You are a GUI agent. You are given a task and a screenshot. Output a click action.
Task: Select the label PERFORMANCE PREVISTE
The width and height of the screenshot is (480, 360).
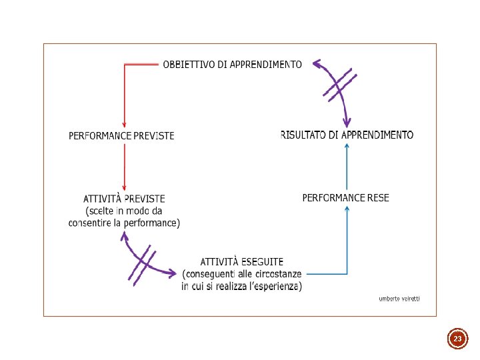click(121, 135)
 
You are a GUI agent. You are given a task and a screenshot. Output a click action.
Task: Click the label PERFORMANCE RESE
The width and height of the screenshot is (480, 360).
click(345, 197)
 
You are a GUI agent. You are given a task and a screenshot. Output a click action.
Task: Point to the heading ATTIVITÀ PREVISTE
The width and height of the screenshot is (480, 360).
click(124, 198)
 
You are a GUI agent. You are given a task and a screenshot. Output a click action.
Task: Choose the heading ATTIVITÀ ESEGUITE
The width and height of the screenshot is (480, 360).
click(242, 262)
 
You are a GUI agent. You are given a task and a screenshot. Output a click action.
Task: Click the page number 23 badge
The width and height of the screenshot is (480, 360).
click(457, 339)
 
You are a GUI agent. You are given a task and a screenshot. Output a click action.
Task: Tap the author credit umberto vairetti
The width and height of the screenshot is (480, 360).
click(399, 299)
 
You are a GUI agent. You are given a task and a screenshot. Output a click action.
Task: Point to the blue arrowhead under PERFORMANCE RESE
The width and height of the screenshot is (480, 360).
click(347, 209)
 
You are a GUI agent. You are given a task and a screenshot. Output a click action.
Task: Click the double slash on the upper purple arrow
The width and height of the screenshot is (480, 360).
click(339, 85)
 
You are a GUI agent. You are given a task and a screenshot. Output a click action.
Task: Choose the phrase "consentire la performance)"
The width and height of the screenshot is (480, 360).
click(124, 223)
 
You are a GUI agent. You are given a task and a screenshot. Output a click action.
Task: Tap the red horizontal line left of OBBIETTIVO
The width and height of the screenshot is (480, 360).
click(141, 64)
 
